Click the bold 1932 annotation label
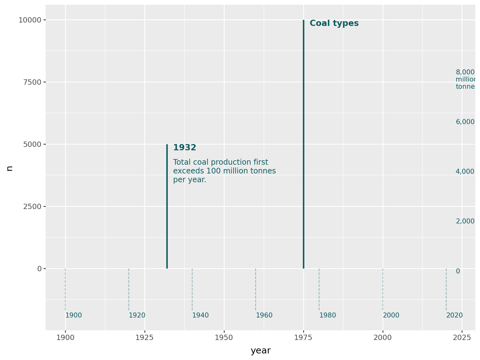coord(184,148)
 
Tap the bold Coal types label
coord(334,23)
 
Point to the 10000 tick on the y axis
coord(30,20)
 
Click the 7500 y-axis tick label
coord(32,82)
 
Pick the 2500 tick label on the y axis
coord(32,207)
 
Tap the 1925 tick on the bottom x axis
coord(145,338)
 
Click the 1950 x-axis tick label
coord(224,338)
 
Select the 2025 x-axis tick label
coord(462,338)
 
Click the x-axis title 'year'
coord(260,351)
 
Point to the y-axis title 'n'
coord(10,168)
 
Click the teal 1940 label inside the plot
coord(200,316)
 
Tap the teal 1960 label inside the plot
coord(264,316)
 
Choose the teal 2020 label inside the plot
coord(454,316)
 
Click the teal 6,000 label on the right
coord(465,122)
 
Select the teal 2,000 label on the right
coord(465,221)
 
